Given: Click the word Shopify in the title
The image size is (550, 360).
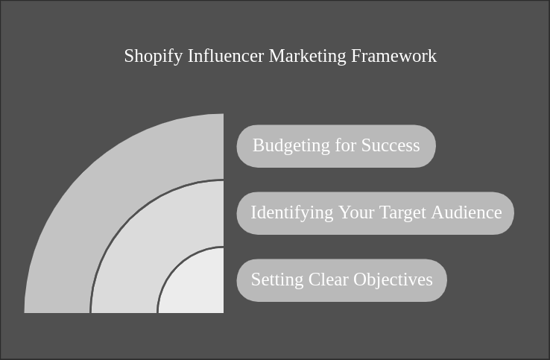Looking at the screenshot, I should point(154,57).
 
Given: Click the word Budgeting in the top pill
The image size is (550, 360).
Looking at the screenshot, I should point(286,146).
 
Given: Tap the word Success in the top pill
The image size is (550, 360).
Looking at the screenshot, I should point(391,146).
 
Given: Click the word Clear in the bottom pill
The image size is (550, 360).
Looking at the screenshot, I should point(326,280).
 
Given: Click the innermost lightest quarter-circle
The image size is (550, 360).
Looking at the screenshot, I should point(197,287).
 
